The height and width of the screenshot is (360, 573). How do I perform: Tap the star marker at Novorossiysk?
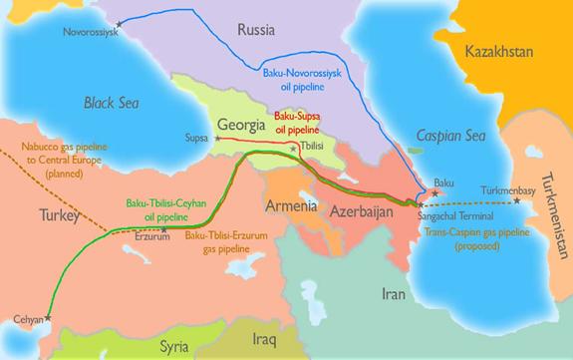(x=121, y=22)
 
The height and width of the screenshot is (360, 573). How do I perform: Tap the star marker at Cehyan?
(x=48, y=318)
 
